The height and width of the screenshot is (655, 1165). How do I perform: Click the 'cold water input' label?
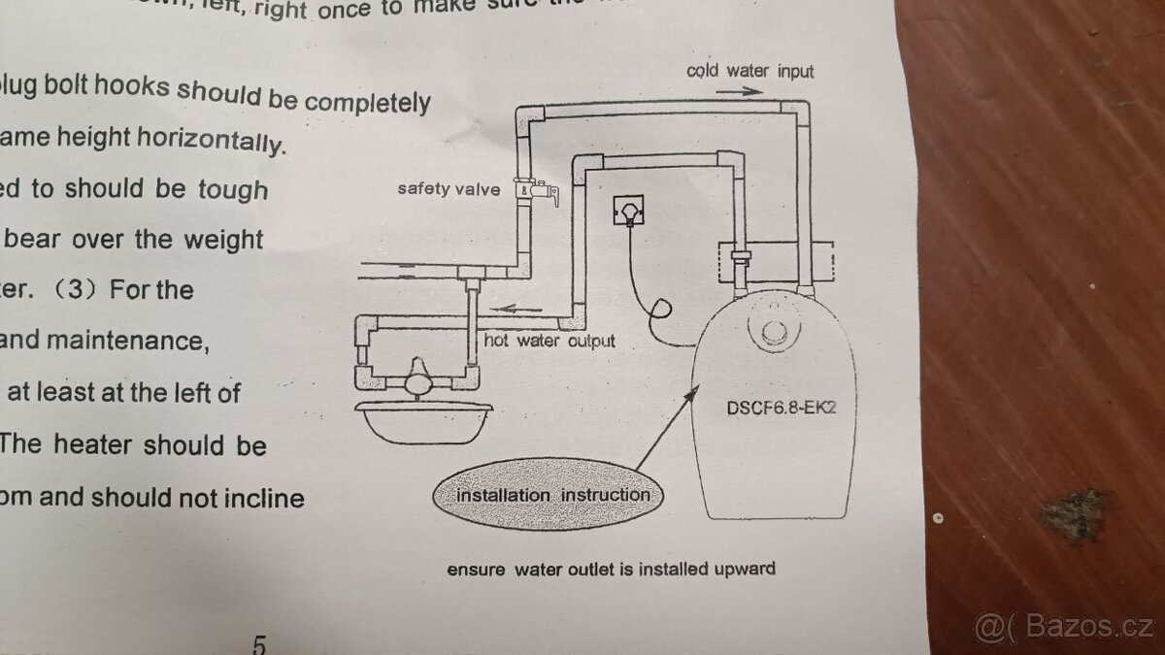[x=749, y=71]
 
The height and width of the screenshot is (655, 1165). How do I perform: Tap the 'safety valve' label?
[x=449, y=188]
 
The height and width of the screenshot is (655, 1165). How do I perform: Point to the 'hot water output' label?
[x=549, y=342]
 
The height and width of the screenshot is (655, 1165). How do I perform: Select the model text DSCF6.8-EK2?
[x=781, y=408]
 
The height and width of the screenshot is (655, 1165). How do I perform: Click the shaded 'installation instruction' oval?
[x=552, y=495]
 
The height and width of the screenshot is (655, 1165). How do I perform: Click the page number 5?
[x=259, y=643]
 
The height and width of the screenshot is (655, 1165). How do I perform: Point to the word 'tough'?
[x=233, y=188]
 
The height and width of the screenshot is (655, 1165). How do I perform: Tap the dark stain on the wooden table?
[x=1073, y=514]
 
